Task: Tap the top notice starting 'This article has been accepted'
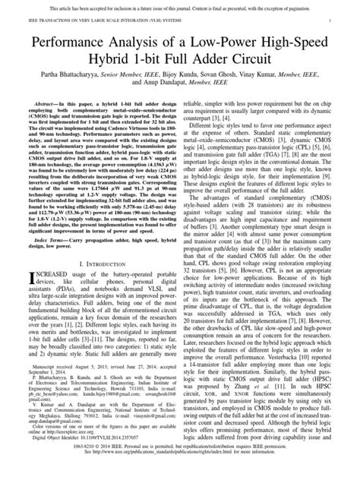[179, 5]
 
